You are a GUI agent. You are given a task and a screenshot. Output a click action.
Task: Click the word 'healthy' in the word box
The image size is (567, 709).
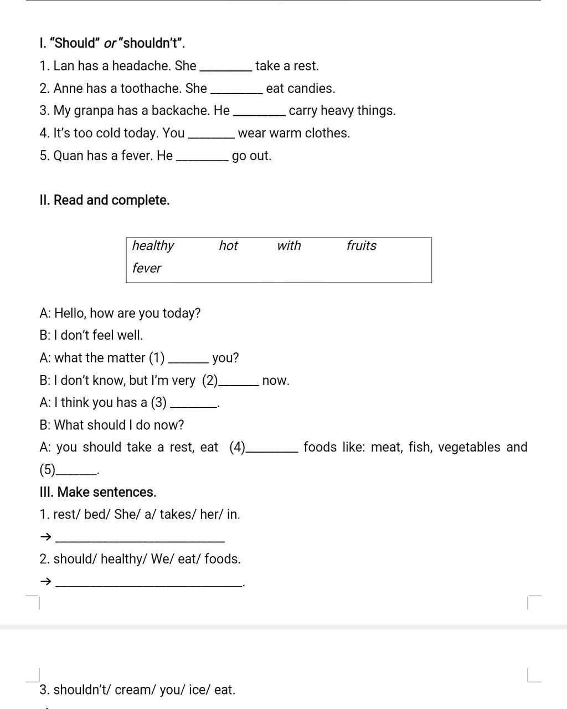tap(153, 246)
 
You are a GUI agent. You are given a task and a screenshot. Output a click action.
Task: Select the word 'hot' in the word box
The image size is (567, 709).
tap(228, 246)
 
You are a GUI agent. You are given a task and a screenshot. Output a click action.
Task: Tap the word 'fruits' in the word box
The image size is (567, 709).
tap(361, 246)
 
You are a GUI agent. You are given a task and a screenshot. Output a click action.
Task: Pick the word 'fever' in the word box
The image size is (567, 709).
tap(147, 268)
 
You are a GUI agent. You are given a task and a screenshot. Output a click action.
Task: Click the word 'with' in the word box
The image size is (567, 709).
tap(289, 246)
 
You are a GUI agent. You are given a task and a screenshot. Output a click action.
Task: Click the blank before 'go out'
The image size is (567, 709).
tap(202, 158)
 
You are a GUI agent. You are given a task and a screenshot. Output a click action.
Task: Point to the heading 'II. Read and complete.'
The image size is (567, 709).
tap(105, 201)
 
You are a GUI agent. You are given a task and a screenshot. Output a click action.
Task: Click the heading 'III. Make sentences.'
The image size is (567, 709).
tap(98, 492)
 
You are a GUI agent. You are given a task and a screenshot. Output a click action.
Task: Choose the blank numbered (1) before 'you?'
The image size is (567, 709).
tap(188, 360)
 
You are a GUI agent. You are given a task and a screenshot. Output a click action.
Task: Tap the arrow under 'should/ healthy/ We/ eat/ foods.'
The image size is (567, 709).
tap(46, 581)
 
